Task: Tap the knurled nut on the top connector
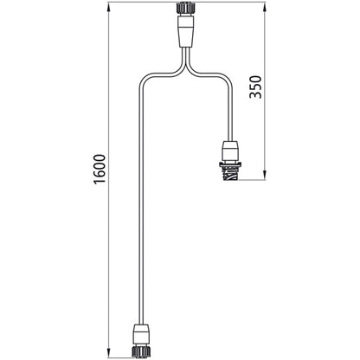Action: pos(185,10)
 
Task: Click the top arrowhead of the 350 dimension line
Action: pos(264,8)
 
